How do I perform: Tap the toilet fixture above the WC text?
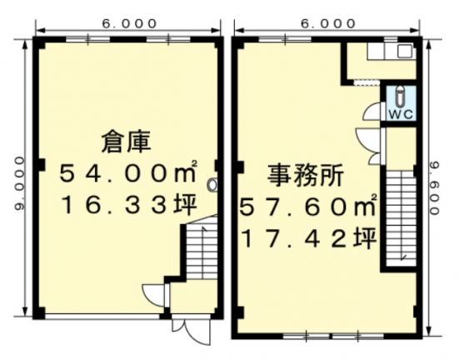coord(400,94)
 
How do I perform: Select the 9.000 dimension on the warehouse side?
coord(19,183)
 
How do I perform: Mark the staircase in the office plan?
coord(399,217)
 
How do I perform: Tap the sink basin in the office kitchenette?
coord(404,52)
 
